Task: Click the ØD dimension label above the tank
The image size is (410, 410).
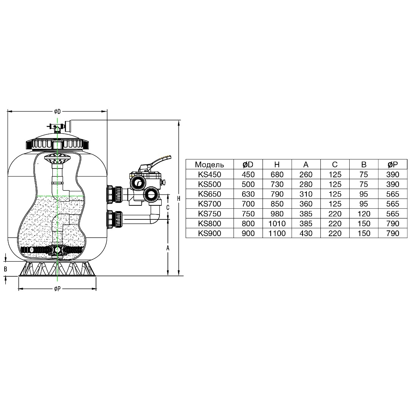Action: pos(57,112)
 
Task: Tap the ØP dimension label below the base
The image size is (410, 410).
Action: pos(57,289)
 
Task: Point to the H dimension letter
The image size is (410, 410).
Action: pos(178,199)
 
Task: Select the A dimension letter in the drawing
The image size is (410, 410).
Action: pos(168,248)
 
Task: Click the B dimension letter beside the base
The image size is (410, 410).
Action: pos(5,269)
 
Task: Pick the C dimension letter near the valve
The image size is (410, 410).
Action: pos(168,207)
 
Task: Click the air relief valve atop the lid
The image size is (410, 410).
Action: pos(55,127)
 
